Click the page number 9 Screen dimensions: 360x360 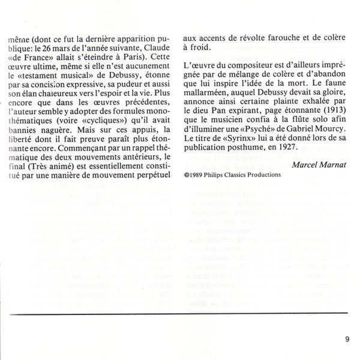[347, 341]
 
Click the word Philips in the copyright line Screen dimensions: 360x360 [216, 175]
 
